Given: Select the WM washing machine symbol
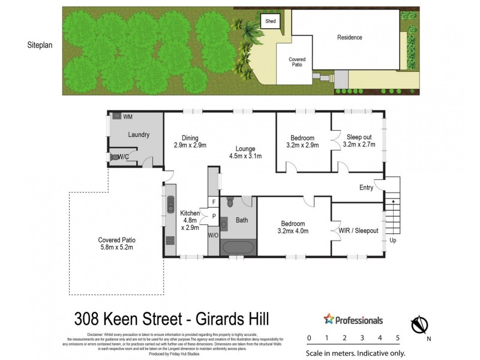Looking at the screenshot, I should click(118, 116).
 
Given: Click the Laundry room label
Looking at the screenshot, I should click(139, 135).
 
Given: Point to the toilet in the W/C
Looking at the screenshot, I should click(114, 157).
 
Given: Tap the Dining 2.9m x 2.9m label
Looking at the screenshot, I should click(190, 142).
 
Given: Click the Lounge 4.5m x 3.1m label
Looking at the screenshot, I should click(245, 152).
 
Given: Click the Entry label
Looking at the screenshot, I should click(366, 187).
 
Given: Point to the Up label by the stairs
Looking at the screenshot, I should click(393, 240).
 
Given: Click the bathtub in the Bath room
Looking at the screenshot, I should click(239, 247).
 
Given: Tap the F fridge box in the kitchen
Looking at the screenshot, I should click(213, 202).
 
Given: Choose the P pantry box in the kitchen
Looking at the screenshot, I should click(213, 216).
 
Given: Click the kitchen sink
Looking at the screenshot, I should click(170, 202).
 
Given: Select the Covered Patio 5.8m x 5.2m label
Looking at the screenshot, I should click(115, 244).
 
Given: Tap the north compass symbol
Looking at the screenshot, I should click(419, 325).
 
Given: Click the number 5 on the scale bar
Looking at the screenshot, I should click(398, 338).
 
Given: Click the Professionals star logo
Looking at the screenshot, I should click(328, 320).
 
